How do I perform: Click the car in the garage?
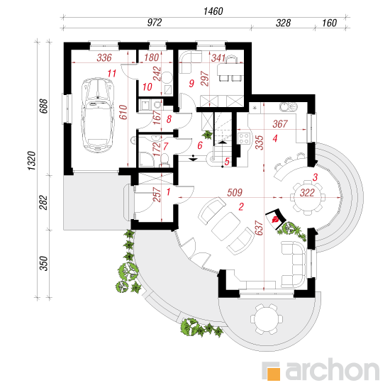98,115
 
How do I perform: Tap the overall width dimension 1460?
213,11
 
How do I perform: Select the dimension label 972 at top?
155,23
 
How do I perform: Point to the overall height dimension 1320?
32,161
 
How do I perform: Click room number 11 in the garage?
111,73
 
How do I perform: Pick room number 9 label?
191,84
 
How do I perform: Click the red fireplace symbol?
276,218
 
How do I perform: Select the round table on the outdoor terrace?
267,319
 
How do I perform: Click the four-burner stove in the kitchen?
244,138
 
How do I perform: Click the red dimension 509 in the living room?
235,192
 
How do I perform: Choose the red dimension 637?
259,228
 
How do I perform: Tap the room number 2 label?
241,206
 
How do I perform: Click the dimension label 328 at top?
283,23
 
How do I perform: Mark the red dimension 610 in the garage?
123,112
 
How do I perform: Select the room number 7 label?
166,146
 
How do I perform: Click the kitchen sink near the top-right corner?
289,107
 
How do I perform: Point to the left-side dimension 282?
43,203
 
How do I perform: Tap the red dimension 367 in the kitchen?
280,124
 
